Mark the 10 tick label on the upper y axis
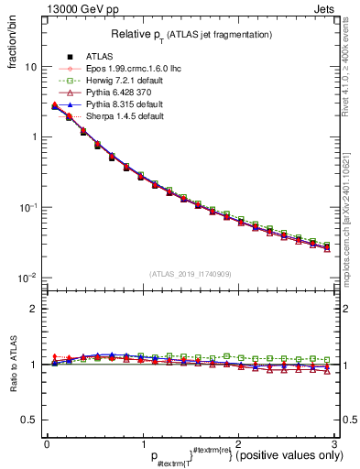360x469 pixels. [x=30, y=67]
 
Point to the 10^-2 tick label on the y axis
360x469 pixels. [x=28, y=278]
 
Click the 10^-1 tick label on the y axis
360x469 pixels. [x=28, y=208]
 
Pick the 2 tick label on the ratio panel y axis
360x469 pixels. [x=34, y=309]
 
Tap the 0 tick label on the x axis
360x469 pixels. [x=46, y=443]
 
